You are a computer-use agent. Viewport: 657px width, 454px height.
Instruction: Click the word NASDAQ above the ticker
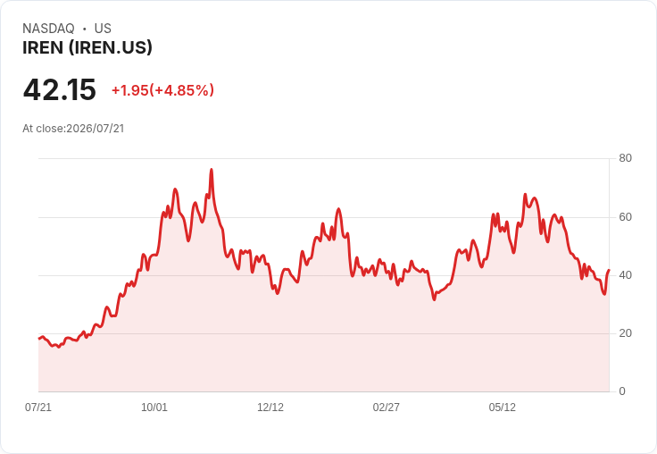(x=48, y=29)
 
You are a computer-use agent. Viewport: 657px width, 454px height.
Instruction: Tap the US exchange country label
(x=103, y=29)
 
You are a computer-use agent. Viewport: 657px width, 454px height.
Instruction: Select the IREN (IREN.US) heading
(x=87, y=48)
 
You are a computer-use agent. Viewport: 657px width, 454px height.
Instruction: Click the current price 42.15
(x=60, y=89)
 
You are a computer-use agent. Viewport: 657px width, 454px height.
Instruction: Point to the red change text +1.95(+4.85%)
(x=162, y=90)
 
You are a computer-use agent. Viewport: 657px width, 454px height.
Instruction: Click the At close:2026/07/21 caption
(x=73, y=129)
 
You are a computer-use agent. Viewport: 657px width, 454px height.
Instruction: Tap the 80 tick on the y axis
(x=625, y=158)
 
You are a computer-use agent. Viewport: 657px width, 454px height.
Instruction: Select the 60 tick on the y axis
(x=625, y=217)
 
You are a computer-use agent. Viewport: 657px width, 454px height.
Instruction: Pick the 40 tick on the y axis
(x=625, y=275)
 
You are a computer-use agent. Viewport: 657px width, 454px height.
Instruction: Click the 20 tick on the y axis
(x=625, y=333)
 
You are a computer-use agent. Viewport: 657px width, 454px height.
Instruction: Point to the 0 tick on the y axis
(x=622, y=391)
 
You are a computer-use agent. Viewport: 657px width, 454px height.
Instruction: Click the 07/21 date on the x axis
(x=38, y=408)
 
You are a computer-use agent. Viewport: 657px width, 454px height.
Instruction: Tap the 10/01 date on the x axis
(x=154, y=408)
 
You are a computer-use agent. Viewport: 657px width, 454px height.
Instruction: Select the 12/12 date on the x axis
(x=270, y=408)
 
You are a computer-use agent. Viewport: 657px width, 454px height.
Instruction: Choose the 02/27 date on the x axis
(x=386, y=408)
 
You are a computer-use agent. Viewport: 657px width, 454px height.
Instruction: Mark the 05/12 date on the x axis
(x=502, y=408)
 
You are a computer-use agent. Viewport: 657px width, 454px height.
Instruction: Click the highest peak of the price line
(x=212, y=170)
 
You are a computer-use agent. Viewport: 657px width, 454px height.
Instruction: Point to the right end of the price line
(x=609, y=270)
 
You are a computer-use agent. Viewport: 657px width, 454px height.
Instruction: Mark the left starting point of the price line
(x=39, y=339)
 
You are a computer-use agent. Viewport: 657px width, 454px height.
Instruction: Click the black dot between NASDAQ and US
(x=85, y=29)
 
